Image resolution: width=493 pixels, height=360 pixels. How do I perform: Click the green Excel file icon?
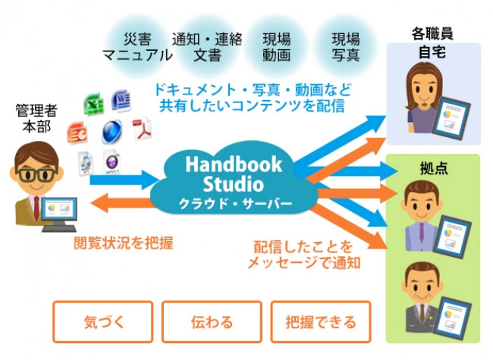[94, 104]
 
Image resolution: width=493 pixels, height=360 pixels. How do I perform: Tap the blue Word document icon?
[121, 101]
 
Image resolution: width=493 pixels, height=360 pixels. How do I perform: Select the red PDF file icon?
[142, 129]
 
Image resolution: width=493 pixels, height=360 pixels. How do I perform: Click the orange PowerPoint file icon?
[77, 133]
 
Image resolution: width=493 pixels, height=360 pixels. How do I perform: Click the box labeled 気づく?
[103, 321]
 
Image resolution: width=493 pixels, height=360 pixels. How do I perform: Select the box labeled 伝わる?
[212, 321]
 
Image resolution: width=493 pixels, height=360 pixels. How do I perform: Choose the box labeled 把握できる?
[321, 321]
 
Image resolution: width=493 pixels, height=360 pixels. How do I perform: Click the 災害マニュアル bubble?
[137, 47]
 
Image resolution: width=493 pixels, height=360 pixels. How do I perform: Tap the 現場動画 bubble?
[277, 47]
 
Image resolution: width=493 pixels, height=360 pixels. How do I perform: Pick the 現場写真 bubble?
[346, 47]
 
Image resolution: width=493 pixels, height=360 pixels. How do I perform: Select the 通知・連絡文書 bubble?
[207, 47]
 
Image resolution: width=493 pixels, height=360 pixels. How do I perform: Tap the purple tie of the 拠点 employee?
[421, 232]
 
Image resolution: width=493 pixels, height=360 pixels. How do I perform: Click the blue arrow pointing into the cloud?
[124, 180]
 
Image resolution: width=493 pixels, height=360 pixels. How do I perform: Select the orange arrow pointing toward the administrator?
[122, 202]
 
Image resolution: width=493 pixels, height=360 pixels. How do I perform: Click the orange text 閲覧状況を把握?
[123, 243]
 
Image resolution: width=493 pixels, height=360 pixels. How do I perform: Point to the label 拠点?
[434, 169]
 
